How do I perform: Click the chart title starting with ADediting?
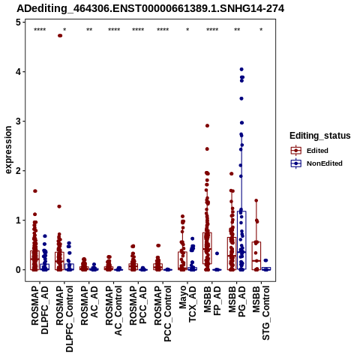pos(151,9)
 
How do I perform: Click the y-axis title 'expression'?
pos(8,150)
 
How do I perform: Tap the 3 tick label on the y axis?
pos(18,121)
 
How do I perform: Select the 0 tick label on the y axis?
pos(18,270)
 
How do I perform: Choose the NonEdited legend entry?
pos(316,163)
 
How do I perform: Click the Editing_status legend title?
pos(320,136)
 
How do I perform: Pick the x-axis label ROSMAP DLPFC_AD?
pos(40,310)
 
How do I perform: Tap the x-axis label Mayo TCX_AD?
pos(187,304)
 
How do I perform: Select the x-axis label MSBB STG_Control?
pos(261,313)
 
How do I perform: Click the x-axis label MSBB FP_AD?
pos(212,301)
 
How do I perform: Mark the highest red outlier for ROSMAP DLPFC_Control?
pos(60,36)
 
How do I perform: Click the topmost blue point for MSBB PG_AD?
pos(241,69)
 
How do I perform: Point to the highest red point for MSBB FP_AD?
pos(207,126)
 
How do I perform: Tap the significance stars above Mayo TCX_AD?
pos(187,30)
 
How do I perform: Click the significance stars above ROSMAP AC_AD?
pos(89,30)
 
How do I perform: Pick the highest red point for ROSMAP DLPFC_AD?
pos(35,191)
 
